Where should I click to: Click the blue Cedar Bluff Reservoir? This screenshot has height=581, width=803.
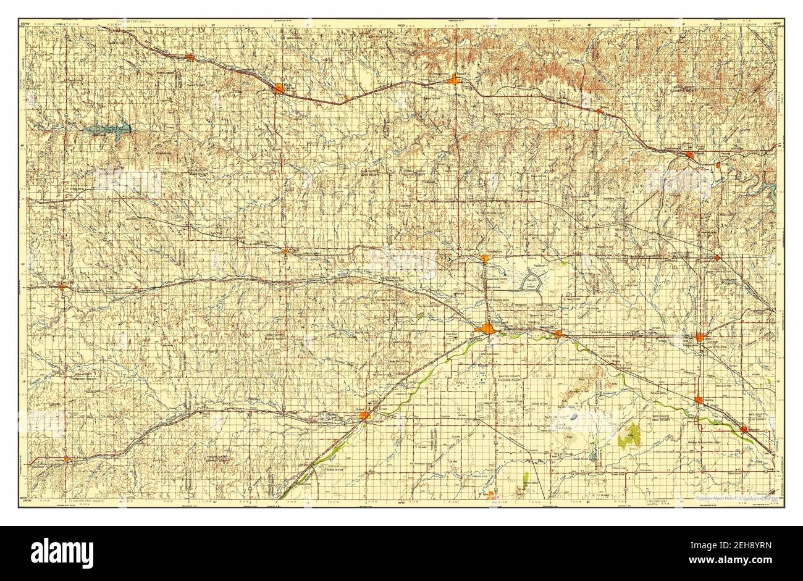click(x=111, y=128)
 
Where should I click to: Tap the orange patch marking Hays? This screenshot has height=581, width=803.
click(x=279, y=89)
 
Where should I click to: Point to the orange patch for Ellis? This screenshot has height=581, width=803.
click(x=190, y=57)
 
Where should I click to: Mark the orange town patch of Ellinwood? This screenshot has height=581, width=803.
click(x=558, y=334)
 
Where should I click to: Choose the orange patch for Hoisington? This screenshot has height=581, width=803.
click(x=484, y=259)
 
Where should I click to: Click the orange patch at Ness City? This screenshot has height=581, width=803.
click(x=63, y=286)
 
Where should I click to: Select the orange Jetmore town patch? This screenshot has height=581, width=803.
click(x=66, y=459)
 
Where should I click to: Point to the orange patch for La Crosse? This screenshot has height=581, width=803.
click(x=285, y=251)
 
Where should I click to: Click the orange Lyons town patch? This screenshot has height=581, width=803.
click(x=699, y=338)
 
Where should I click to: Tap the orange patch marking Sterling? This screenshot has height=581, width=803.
click(x=699, y=400)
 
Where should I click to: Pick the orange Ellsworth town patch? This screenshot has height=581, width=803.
click(x=689, y=155)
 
